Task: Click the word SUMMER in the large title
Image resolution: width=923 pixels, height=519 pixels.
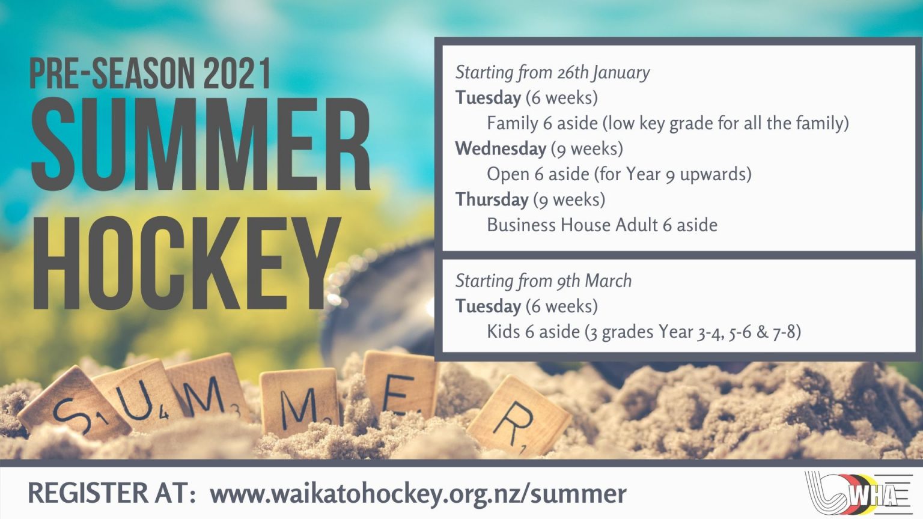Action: [x=201, y=145]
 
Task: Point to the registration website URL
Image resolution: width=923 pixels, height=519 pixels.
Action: [x=418, y=494]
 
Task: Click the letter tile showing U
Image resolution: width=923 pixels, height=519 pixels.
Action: [x=138, y=393]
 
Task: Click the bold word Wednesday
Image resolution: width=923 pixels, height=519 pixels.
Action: [x=501, y=148]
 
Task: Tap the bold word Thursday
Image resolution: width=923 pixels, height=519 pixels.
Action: [x=492, y=199]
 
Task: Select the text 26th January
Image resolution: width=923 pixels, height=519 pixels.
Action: [x=603, y=73]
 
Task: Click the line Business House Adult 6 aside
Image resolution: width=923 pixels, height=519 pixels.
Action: [x=602, y=225]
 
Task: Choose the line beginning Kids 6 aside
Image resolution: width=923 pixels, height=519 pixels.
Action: [x=644, y=332]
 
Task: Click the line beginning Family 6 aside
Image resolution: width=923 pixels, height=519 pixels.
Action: [x=668, y=123]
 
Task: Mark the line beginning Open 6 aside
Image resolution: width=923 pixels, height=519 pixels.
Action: [x=619, y=174]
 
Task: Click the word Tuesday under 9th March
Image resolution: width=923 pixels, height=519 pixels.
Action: [x=488, y=306]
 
